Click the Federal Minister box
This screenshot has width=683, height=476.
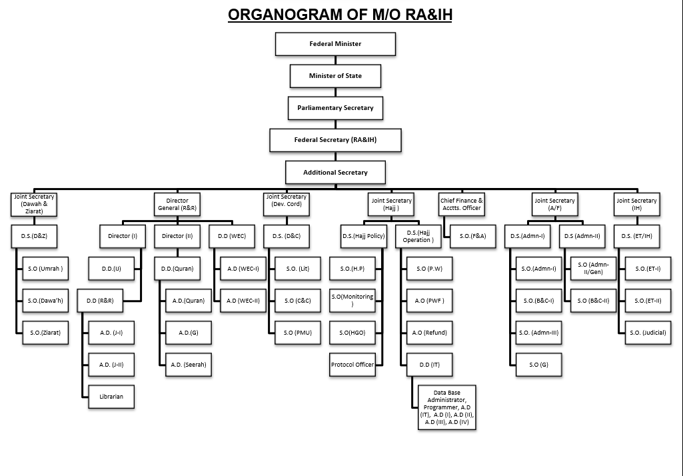pyautogui.click(x=335, y=44)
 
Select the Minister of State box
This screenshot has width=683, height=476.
pyautogui.click(x=335, y=76)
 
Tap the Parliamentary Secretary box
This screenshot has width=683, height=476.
pyautogui.click(x=335, y=108)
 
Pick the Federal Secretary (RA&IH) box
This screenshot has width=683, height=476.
pyautogui.click(x=335, y=140)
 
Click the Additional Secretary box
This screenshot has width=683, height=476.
pyautogui.click(x=335, y=172)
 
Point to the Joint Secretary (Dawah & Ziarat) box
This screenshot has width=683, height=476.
pyautogui.click(x=34, y=204)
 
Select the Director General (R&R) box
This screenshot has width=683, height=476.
pyautogui.click(x=177, y=204)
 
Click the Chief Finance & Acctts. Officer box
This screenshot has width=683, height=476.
pyautogui.click(x=462, y=204)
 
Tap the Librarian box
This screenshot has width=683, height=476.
pyautogui.click(x=111, y=397)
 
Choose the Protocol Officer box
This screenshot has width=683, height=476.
pyautogui.click(x=352, y=364)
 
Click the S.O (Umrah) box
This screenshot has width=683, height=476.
pyautogui.click(x=45, y=269)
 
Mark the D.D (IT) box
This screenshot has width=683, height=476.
pyautogui.click(x=430, y=364)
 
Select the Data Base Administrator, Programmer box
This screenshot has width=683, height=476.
pyautogui.click(x=446, y=407)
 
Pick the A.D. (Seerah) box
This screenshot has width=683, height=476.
pyautogui.click(x=189, y=364)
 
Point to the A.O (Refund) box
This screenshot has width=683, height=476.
pyautogui.click(x=430, y=332)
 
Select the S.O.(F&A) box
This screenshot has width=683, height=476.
pyautogui.click(x=472, y=235)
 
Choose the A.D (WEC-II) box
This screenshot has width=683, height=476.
pyautogui.click(x=243, y=301)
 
